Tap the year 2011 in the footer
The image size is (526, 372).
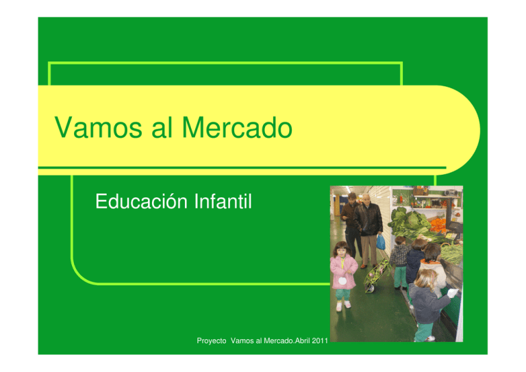click(317, 351)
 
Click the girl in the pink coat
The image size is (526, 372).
click(342, 271)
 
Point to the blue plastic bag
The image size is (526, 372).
click(381, 242)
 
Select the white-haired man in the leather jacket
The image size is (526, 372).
click(370, 223)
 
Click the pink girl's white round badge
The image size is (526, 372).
click(341, 280)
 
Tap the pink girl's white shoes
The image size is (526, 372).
click(342, 306)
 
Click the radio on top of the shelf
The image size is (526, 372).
click(419, 190)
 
